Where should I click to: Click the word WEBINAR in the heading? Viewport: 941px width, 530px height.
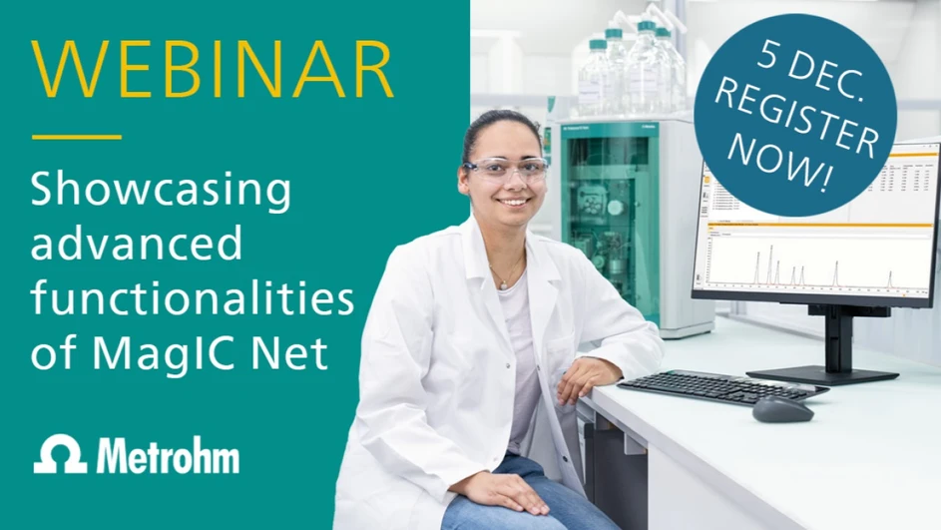click(213, 69)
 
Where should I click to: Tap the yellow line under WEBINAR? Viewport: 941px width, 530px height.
click(77, 137)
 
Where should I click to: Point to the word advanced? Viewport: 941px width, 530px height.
click(137, 243)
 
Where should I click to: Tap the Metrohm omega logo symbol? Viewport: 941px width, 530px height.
click(60, 454)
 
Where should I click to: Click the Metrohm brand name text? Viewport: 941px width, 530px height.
click(168, 455)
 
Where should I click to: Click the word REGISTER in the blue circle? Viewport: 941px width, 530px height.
click(796, 122)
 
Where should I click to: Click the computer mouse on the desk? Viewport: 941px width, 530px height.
click(782, 409)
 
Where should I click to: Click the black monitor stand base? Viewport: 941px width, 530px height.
click(822, 375)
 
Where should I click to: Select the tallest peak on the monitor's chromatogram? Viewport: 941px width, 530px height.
click(771, 265)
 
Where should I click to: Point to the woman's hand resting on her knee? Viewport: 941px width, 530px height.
click(499, 492)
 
